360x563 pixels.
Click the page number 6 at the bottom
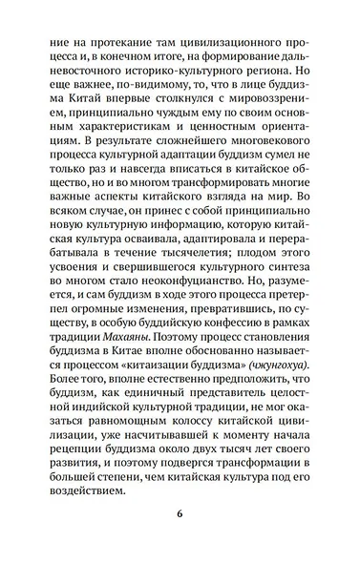pyautogui.click(x=180, y=516)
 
